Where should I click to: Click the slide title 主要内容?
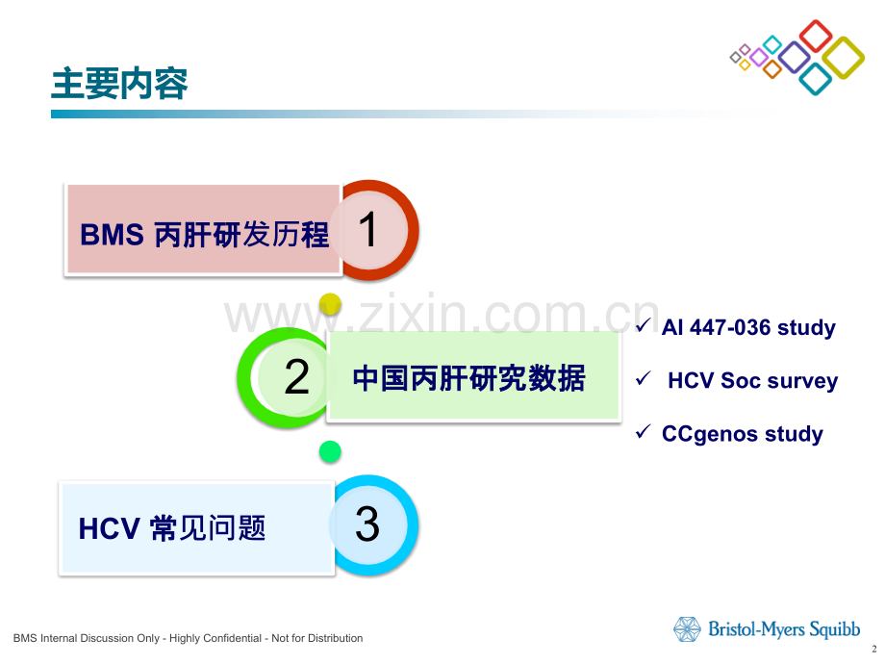coord(119,84)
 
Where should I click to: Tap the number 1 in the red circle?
coord(368,229)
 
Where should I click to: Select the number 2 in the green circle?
coord(297,376)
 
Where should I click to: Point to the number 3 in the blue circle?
coord(367,524)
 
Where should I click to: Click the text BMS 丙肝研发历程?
coord(204,234)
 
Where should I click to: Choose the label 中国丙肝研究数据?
coord(469,378)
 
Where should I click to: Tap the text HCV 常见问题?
coord(171,528)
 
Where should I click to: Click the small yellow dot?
coord(330,304)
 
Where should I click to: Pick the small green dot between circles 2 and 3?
coord(330,451)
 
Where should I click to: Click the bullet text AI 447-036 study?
coord(748,328)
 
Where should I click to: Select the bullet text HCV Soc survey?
coord(752,381)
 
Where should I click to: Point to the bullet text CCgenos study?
coord(743,434)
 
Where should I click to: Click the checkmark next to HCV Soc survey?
coord(644,378)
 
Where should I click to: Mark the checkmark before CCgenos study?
coord(644,431)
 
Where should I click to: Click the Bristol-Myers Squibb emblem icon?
coord(687,629)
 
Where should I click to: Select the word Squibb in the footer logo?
coord(835,629)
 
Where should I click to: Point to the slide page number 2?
coord(874,650)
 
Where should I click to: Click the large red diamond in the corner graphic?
coord(816,36)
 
